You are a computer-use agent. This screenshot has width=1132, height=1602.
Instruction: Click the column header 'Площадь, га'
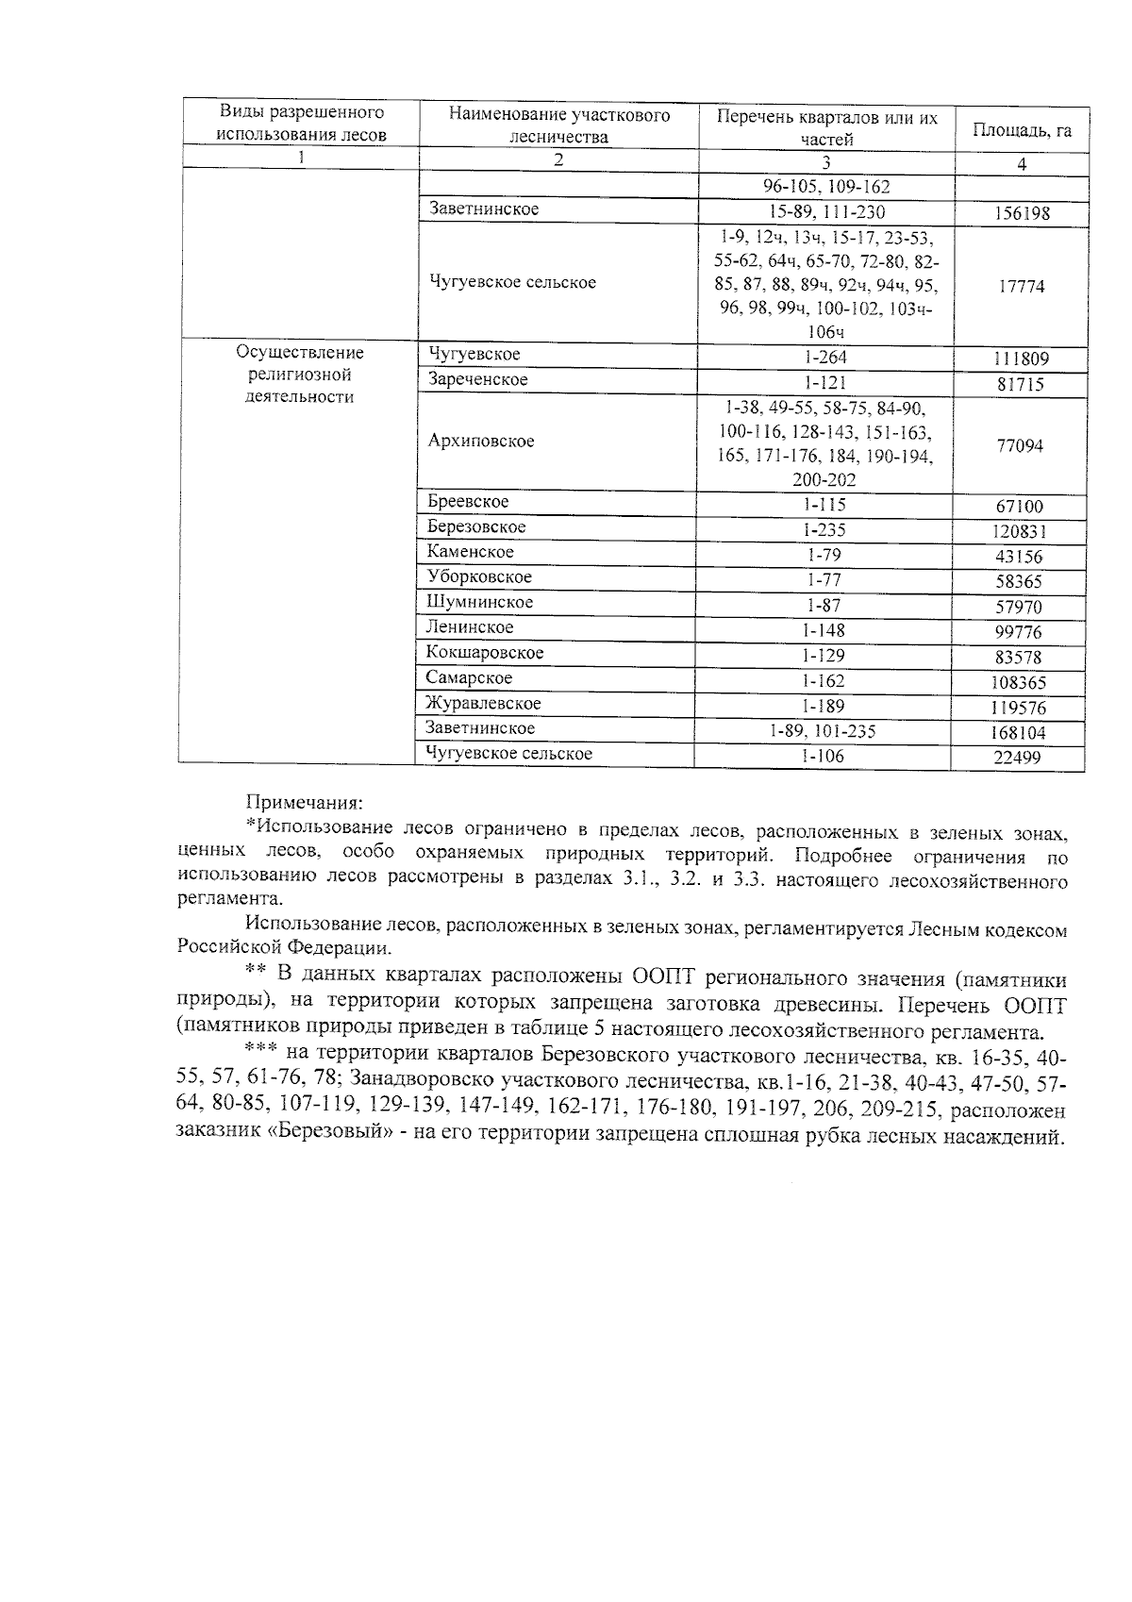[1022, 130]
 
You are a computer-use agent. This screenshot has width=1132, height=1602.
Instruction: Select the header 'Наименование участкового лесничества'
[558, 125]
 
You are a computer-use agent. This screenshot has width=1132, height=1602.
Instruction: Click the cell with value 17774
[1022, 286]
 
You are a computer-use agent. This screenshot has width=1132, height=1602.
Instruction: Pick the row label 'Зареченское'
[477, 379]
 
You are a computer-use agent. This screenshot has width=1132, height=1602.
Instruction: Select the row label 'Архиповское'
[481, 441]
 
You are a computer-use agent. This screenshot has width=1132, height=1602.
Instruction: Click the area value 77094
[1020, 445]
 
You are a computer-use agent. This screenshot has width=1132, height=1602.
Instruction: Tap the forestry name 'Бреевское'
[468, 502]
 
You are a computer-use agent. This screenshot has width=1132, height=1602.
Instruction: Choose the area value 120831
[1019, 531]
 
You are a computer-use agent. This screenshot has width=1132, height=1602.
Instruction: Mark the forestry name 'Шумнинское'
[479, 602]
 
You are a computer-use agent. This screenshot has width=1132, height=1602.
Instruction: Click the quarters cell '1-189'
[824, 706]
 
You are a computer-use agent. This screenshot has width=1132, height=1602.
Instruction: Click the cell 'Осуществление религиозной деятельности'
[300, 375]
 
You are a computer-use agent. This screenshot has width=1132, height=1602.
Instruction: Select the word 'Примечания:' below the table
[303, 803]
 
